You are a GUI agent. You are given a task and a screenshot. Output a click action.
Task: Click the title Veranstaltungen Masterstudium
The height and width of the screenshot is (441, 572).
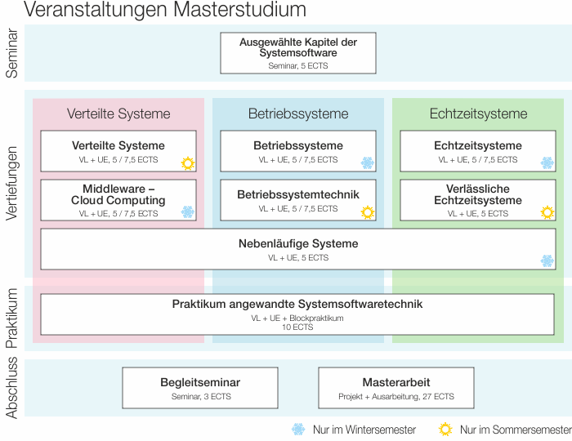click(166, 11)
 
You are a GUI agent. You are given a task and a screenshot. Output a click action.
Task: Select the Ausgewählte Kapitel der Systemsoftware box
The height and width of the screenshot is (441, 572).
click(297, 52)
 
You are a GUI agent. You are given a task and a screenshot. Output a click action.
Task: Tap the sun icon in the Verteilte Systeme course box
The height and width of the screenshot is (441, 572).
click(188, 163)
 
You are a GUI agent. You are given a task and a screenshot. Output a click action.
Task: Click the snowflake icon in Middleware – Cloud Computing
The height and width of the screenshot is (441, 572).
click(188, 212)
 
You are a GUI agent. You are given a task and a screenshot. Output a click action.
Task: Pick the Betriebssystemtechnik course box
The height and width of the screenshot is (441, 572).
click(298, 200)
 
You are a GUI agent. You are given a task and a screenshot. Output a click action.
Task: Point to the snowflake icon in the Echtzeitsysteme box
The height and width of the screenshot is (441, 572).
click(547, 163)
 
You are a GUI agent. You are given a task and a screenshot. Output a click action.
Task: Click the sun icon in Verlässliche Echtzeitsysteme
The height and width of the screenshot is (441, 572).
click(547, 212)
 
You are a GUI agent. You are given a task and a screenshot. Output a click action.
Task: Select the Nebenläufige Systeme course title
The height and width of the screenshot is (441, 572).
click(298, 243)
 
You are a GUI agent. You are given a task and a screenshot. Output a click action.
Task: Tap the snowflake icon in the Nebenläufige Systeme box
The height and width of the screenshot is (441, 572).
click(547, 261)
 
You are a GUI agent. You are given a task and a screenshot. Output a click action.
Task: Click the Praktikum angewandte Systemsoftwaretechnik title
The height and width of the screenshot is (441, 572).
click(297, 304)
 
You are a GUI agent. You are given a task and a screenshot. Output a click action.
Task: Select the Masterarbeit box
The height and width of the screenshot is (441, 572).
click(395, 388)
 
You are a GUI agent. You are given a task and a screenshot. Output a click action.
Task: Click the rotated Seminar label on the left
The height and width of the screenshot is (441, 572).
click(11, 54)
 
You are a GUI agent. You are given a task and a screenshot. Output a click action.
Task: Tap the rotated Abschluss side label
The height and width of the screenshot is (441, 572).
click(11, 389)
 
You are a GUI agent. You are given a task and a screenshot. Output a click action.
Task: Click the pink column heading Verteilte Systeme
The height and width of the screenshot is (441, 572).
click(118, 114)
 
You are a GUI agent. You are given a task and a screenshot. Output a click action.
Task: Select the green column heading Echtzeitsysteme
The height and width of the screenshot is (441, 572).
click(478, 114)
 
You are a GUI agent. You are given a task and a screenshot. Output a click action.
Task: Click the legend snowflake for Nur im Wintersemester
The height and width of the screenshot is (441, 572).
click(298, 430)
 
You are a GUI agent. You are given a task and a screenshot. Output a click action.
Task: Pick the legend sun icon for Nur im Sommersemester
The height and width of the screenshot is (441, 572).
click(445, 430)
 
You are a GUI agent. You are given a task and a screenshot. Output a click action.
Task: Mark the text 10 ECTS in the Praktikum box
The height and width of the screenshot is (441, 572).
click(297, 327)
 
